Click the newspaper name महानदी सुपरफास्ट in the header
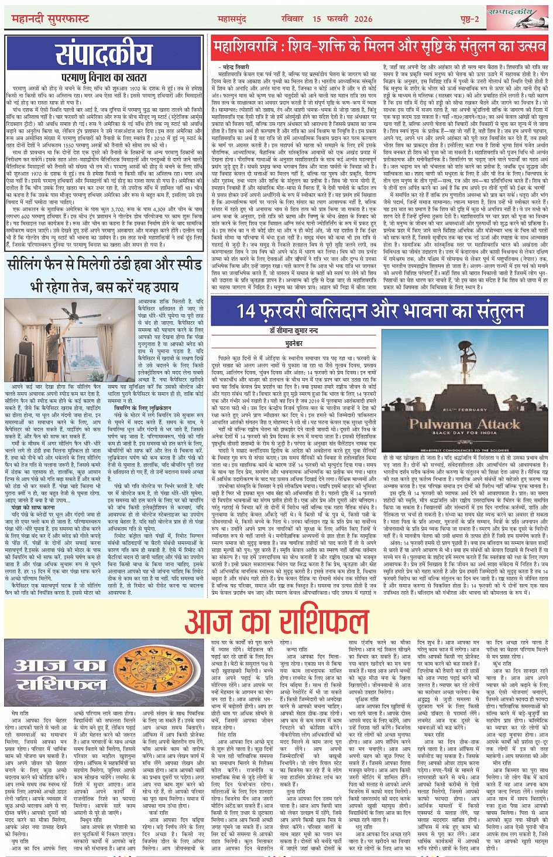pyautogui.click(x=52, y=19)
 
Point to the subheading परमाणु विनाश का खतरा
pyautogui.click(x=103, y=77)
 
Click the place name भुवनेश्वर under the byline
pyautogui.click(x=294, y=339)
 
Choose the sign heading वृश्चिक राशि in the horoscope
pyautogui.click(x=367, y=700)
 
